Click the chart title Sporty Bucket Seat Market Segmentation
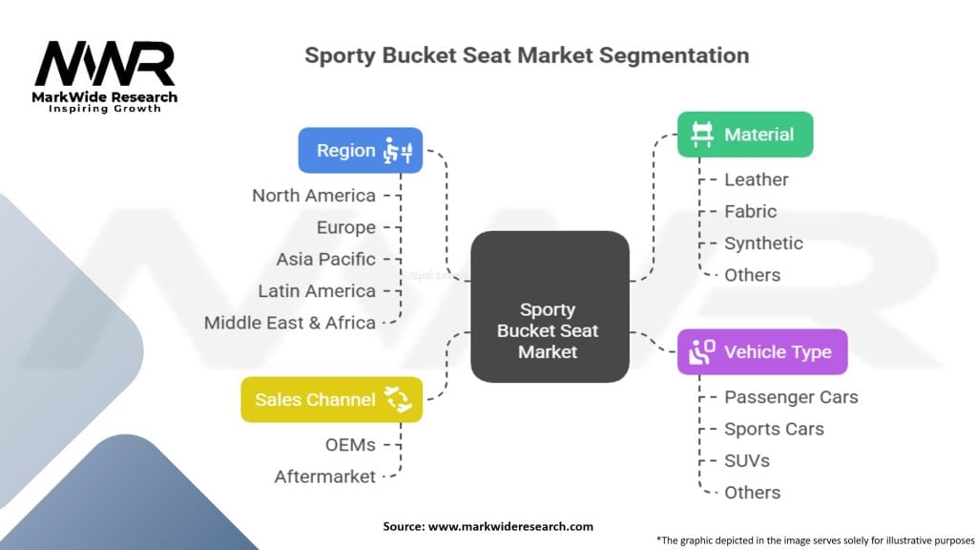pyautogui.click(x=527, y=54)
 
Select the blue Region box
pyautogui.click(x=360, y=150)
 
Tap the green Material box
pyautogui.click(x=744, y=135)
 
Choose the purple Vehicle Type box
pyautogui.click(x=761, y=351)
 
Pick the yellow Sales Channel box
pyautogui.click(x=331, y=399)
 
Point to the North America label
pyautogui.click(x=314, y=195)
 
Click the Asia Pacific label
pyautogui.click(x=326, y=259)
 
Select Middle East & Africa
pyautogui.click(x=290, y=323)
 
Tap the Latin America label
pyautogui.click(x=317, y=290)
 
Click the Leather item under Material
pyautogui.click(x=757, y=180)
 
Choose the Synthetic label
pyautogui.click(x=763, y=243)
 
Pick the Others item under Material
pyautogui.click(x=752, y=275)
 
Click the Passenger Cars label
pyautogui.click(x=791, y=396)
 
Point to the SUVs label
pyautogui.click(x=747, y=460)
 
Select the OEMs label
pyautogui.click(x=351, y=444)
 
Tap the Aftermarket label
pyautogui.click(x=325, y=476)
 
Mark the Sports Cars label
pyautogui.click(x=774, y=429)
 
